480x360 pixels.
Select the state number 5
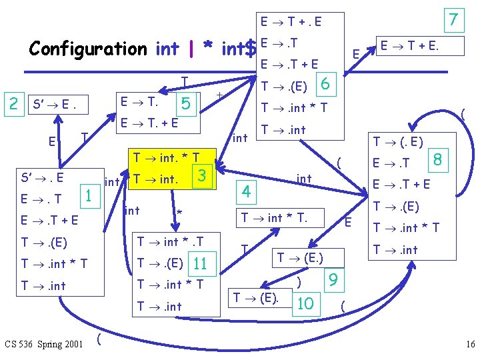pyautogui.click(x=186, y=103)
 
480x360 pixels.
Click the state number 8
pyautogui.click(x=437, y=160)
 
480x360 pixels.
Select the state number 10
pyautogui.click(x=305, y=303)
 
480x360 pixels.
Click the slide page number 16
pyautogui.click(x=470, y=344)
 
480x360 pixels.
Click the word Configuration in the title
pyautogui.click(x=87, y=49)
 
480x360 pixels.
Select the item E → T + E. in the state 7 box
pyautogui.click(x=411, y=47)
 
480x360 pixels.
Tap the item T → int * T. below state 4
pyautogui.click(x=283, y=217)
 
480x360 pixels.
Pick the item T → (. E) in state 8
pyautogui.click(x=398, y=141)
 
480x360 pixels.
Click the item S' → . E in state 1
pyautogui.click(x=42, y=177)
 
